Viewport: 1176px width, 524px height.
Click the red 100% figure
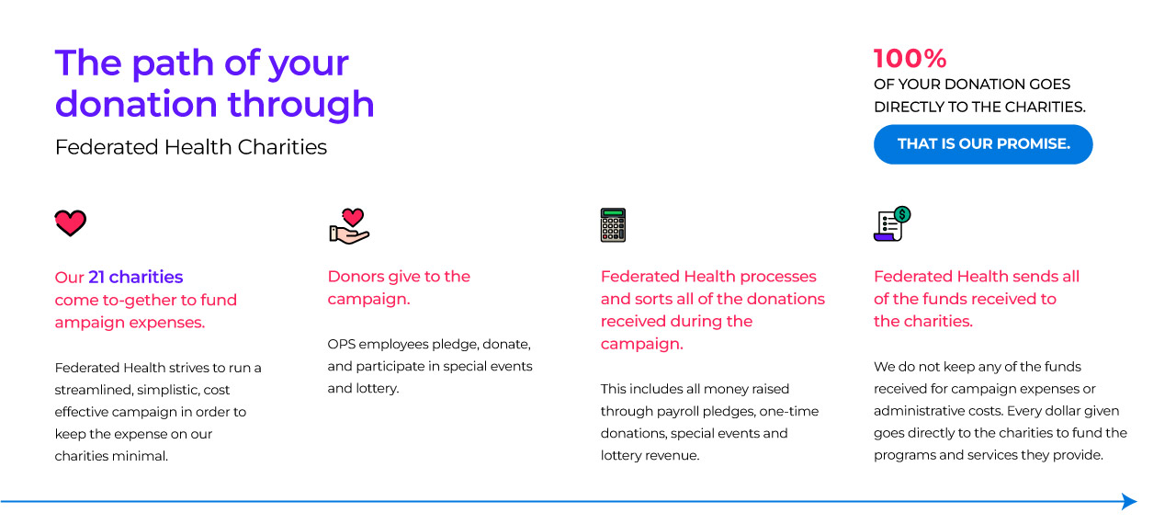(x=910, y=58)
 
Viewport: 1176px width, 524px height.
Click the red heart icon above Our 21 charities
(x=71, y=223)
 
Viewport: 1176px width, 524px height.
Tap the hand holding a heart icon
(x=349, y=226)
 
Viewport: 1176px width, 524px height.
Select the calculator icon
(x=613, y=225)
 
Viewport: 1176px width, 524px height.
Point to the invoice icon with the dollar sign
(x=892, y=223)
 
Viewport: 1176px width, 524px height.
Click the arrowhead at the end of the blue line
(x=1129, y=501)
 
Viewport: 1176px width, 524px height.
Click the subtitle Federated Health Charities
(x=190, y=147)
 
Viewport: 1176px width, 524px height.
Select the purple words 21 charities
(x=135, y=277)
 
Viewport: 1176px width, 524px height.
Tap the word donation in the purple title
(x=136, y=104)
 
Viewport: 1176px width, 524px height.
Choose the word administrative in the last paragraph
(x=917, y=411)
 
